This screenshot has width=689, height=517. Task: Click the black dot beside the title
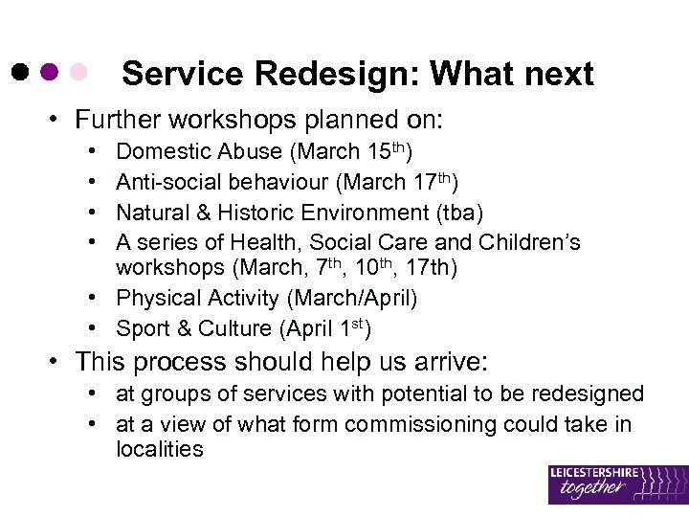pos(20,73)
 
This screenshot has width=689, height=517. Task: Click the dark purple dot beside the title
pos(50,73)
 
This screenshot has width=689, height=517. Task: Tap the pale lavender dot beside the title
pos(79,73)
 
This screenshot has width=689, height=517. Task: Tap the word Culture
pos(234,328)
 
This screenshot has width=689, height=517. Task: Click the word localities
pos(159,449)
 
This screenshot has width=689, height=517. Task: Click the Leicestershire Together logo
pos(617,483)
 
